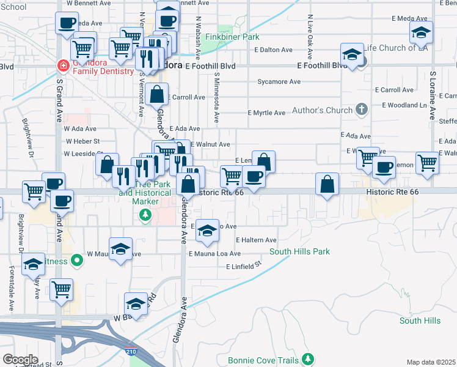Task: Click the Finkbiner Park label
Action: click(x=232, y=37)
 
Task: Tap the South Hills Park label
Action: click(x=299, y=251)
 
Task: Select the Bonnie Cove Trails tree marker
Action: click(x=309, y=357)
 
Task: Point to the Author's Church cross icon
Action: click(x=362, y=109)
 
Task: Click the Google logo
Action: click(x=20, y=360)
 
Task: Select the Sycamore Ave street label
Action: click(x=279, y=81)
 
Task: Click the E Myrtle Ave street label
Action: click(x=266, y=113)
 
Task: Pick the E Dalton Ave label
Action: click(x=274, y=50)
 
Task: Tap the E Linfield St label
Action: click(x=243, y=266)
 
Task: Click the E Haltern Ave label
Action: click(x=256, y=240)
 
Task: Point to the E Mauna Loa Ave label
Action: click(x=214, y=253)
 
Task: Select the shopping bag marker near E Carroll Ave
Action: click(x=157, y=94)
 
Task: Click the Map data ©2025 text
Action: click(x=431, y=362)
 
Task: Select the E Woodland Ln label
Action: click(x=404, y=105)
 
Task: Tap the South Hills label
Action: click(x=420, y=321)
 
